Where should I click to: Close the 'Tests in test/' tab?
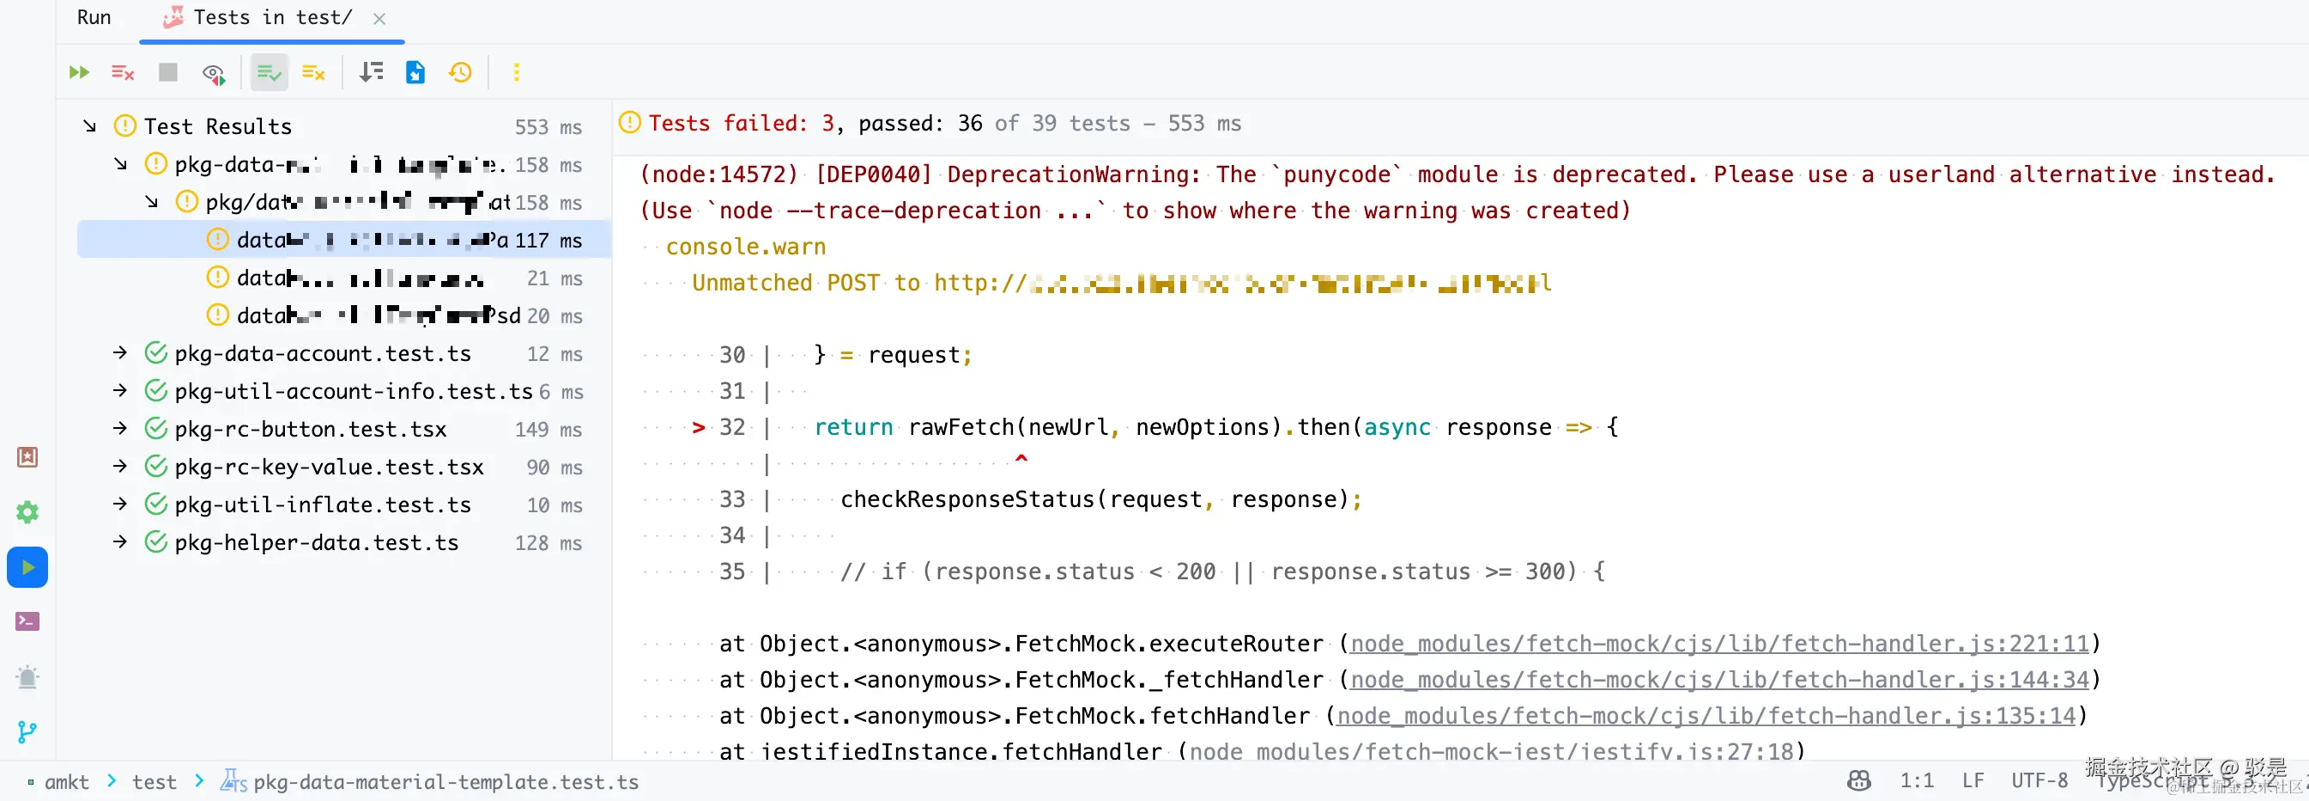tap(379, 18)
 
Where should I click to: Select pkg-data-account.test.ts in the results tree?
tap(323, 353)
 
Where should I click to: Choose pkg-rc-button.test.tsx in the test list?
tap(310, 429)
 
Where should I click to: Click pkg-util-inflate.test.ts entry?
tap(323, 505)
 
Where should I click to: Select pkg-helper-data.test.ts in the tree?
tap(317, 542)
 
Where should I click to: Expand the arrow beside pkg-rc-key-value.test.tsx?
tap(120, 467)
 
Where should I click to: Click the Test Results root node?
tap(218, 126)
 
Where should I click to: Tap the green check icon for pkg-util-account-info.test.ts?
tap(156, 391)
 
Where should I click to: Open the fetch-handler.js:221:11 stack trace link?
tap(1719, 643)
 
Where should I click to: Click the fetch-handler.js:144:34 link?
tap(1719, 680)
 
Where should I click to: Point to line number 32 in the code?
tap(732, 427)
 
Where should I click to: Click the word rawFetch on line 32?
tap(960, 427)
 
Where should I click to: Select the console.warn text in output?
tap(746, 247)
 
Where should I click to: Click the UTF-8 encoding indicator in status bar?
tap(2039, 780)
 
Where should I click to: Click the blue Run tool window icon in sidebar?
tap(27, 567)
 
